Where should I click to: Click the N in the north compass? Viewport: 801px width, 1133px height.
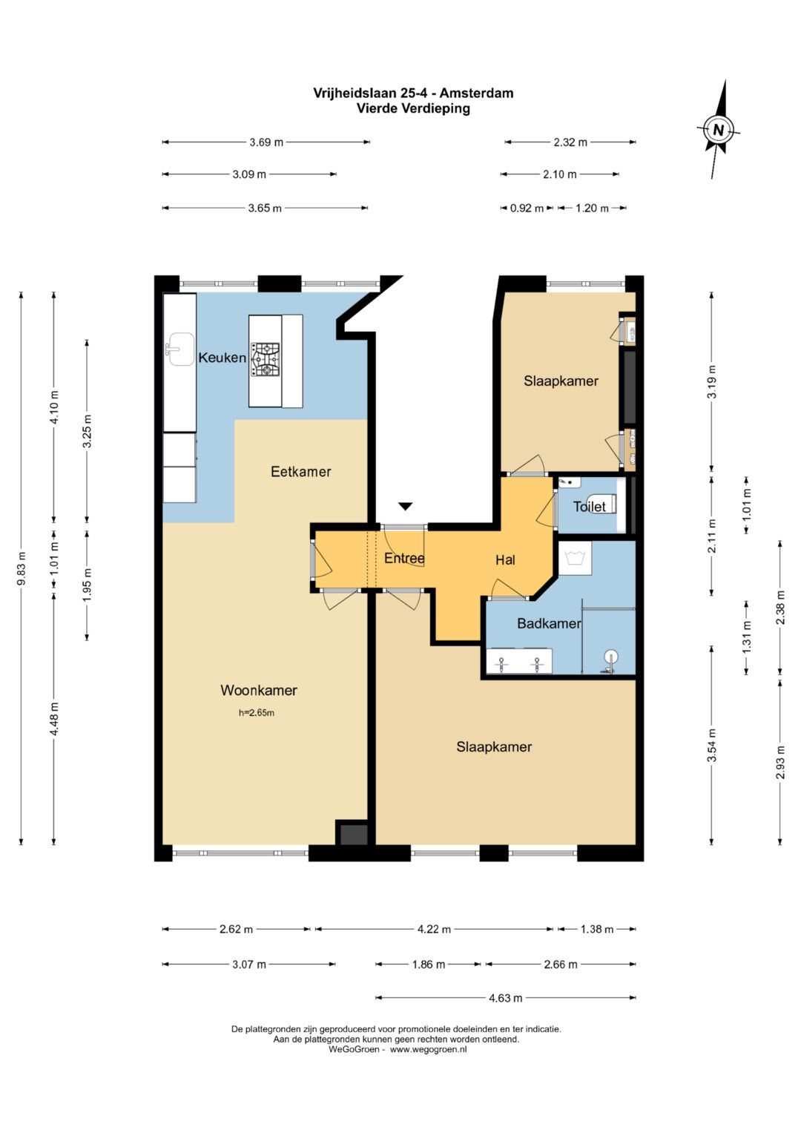pos(718,130)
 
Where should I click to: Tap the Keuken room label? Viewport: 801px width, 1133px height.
pos(222,358)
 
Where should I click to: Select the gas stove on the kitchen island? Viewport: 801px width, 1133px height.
pos(266,360)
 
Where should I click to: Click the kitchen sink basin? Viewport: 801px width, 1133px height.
pos(181,349)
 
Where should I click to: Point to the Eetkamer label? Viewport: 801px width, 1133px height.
pos(301,471)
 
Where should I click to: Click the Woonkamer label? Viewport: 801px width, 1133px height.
pos(258,690)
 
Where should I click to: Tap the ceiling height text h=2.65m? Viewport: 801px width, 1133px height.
pos(257,713)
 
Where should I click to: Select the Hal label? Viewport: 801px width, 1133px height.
pos(505,559)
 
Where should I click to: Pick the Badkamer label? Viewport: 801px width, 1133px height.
pos(549,623)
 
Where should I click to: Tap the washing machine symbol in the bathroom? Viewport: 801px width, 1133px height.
pos(575,558)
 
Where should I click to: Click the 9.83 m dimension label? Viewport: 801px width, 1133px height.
pos(22,568)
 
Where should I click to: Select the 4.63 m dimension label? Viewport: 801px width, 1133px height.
pos(506,998)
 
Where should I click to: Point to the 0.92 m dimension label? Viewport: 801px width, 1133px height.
pos(527,208)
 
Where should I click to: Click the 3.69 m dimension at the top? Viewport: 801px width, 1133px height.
pos(266,142)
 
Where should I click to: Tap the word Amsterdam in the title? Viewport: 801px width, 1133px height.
pos(476,93)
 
